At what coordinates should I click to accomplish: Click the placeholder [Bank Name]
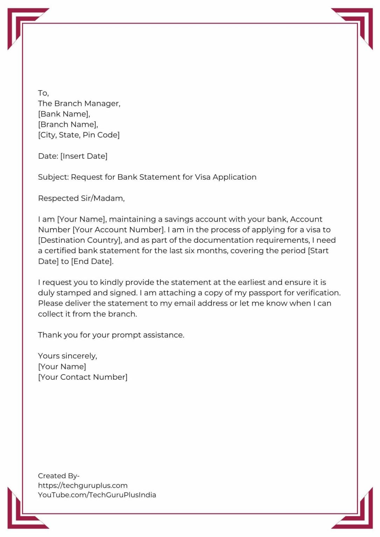tap(64, 114)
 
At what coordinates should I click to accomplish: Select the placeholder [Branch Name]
tap(68, 124)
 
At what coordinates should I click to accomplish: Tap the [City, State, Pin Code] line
tap(79, 135)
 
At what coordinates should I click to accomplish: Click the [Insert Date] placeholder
tap(84, 156)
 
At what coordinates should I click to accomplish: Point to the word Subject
tap(53, 177)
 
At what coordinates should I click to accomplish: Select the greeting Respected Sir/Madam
tap(81, 199)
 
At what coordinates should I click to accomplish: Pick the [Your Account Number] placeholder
tap(119, 230)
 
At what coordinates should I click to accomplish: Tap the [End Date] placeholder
tap(92, 261)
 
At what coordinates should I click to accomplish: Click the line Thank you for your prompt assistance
tap(111, 335)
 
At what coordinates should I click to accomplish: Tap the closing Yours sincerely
tap(68, 356)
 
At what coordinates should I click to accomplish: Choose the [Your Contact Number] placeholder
tap(83, 377)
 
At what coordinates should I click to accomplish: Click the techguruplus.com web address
tap(83, 485)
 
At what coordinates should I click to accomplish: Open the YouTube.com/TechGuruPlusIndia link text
tap(97, 495)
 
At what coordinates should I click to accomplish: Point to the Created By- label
tap(58, 476)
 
